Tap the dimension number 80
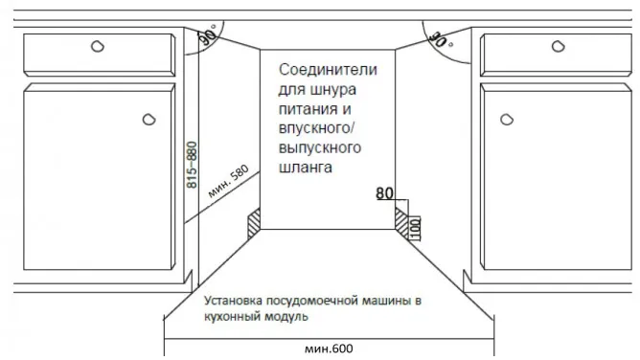[x=385, y=193]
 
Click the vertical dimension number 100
[x=415, y=228]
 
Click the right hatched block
[x=400, y=221]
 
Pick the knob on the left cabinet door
[x=149, y=119]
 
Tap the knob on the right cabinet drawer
[x=558, y=46]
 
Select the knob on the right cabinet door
[x=508, y=119]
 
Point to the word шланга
[x=307, y=168]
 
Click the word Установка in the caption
[x=237, y=301]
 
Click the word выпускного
[x=319, y=148]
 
